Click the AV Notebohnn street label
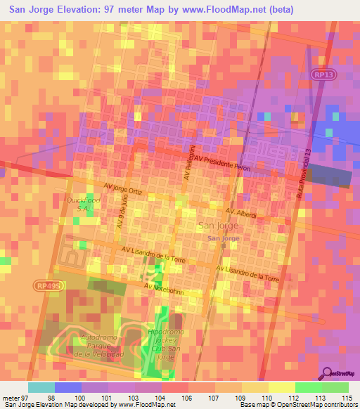[x=167, y=287]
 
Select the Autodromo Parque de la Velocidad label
[x=103, y=345]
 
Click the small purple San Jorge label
[x=223, y=239]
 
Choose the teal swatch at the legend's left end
[x=41, y=387]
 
